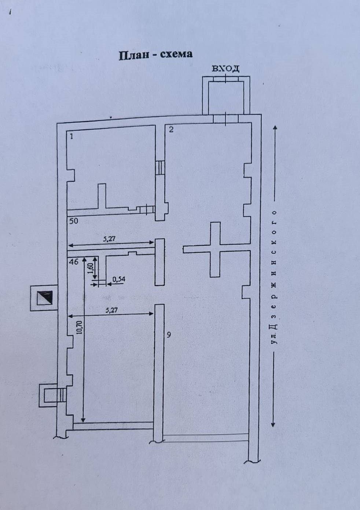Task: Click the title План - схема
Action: pyautogui.click(x=155, y=54)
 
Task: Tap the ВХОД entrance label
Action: pyautogui.click(x=225, y=68)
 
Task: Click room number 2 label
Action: pyautogui.click(x=171, y=129)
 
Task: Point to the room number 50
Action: pyautogui.click(x=74, y=221)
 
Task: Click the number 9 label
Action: pyautogui.click(x=169, y=335)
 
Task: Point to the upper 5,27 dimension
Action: pyautogui.click(x=110, y=238)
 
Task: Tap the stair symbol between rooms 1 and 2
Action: pyautogui.click(x=159, y=168)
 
